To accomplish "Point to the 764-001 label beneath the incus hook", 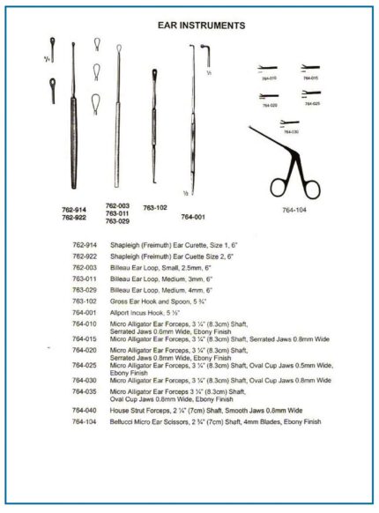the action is click(x=194, y=215).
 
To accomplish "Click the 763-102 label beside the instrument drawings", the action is click(x=155, y=208).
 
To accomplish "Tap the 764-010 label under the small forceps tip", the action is click(x=267, y=78).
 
